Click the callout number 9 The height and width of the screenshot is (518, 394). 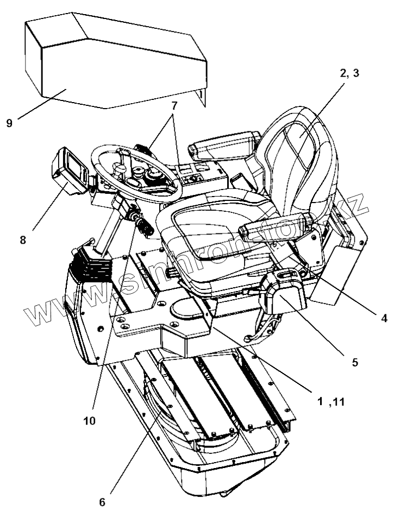[x=9, y=123]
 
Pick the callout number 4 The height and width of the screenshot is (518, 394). [x=384, y=319]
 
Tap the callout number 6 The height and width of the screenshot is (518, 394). [x=102, y=502]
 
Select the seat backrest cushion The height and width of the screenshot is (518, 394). [x=296, y=163]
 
